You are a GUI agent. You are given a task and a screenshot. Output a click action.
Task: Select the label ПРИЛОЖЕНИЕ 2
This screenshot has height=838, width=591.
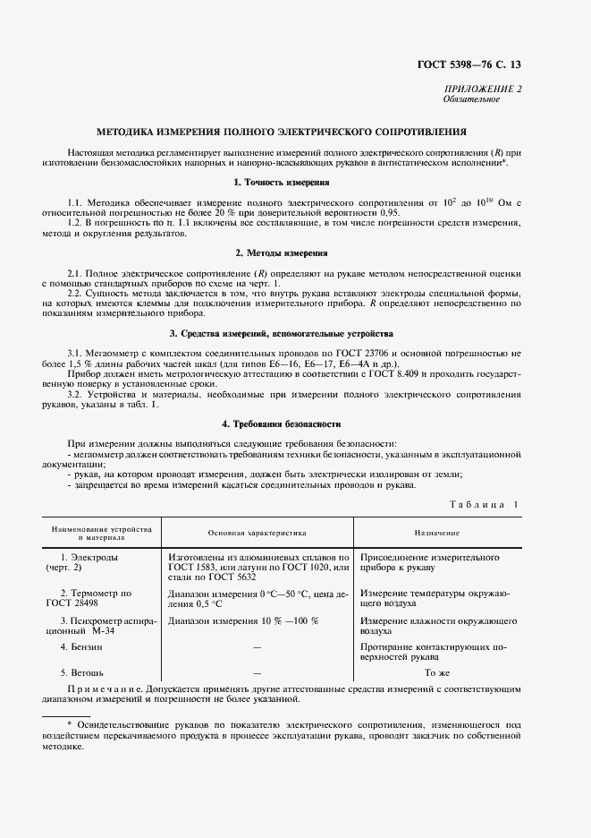pos(482,89)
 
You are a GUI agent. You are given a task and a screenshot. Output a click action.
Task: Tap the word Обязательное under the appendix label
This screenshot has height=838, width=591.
pos(471,98)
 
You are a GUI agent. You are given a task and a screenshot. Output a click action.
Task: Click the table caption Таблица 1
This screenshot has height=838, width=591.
pos(483,506)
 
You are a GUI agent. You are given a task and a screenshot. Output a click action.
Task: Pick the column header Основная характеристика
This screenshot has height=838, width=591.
pos(258,532)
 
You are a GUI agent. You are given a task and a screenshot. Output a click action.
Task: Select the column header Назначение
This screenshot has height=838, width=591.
pos(436,532)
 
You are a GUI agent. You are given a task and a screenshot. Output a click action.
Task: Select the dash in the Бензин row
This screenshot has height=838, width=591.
pos(258,646)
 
